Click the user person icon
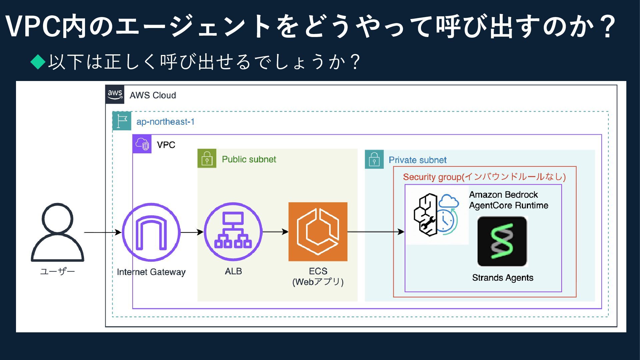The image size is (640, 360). (x=57, y=232)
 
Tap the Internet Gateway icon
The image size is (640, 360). (x=151, y=232)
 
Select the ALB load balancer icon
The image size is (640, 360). (x=233, y=232)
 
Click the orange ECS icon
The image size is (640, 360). (x=318, y=232)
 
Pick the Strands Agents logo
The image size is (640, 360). (x=502, y=242)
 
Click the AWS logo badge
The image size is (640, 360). (x=115, y=95)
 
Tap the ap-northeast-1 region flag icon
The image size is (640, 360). (x=122, y=121)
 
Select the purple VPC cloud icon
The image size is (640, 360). (x=142, y=144)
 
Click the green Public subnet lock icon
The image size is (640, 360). (x=207, y=158)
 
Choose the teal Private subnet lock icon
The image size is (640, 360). (x=374, y=159)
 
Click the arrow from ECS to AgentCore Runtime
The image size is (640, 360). (x=376, y=232)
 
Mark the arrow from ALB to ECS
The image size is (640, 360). (x=275, y=232)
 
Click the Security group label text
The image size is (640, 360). (x=484, y=177)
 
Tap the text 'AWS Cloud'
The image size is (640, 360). (x=153, y=95)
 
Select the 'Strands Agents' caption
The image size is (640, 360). (x=502, y=278)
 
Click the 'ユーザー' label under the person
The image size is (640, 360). (x=57, y=271)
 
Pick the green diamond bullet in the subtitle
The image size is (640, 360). (x=38, y=62)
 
